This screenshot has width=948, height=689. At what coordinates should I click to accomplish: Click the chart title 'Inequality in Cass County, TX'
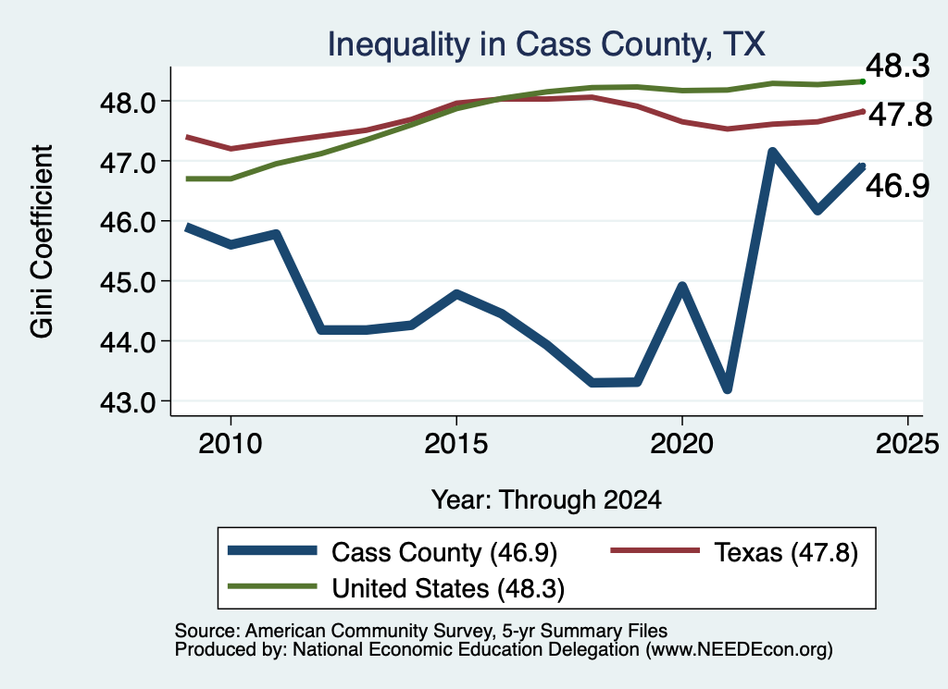546,44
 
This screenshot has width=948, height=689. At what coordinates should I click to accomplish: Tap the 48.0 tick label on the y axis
128,103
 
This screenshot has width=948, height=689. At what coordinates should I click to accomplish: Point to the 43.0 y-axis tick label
128,402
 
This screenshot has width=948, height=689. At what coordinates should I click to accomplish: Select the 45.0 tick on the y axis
128,282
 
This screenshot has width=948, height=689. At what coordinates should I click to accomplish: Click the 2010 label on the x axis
231,444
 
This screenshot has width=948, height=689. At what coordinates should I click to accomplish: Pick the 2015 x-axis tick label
456,444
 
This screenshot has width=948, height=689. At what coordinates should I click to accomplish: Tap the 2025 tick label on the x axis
907,444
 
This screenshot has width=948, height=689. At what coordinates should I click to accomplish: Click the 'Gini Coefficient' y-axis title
42,241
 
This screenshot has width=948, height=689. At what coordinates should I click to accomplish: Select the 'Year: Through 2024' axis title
546,500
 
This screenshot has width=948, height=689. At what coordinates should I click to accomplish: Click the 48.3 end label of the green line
898,66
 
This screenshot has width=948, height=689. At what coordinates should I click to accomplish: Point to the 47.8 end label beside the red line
900,115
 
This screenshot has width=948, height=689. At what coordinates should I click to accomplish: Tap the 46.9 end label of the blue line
898,185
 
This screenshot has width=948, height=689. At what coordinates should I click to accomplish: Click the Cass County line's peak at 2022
772,152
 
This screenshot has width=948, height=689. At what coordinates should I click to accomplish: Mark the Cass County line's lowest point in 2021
728,388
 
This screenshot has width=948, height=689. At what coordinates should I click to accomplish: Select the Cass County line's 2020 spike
682,286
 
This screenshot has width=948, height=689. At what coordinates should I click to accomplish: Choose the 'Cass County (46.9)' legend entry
393,552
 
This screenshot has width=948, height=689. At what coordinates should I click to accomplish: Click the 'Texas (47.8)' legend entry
734,552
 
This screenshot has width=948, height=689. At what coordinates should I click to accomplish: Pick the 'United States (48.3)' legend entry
396,588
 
